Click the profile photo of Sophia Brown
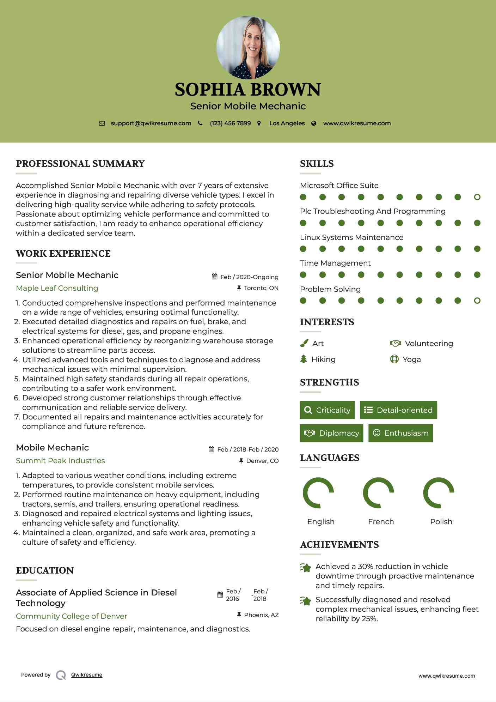click(x=248, y=47)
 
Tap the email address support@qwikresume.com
click(x=151, y=123)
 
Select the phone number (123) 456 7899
click(x=230, y=123)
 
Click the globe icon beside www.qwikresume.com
click(x=314, y=123)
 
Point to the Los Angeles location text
click(x=287, y=123)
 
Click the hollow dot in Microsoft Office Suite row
click(x=477, y=197)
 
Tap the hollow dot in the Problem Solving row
click(x=477, y=301)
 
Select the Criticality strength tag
click(x=327, y=410)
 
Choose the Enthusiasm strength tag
click(x=400, y=433)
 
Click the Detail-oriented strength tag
click(x=398, y=410)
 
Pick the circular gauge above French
click(x=378, y=493)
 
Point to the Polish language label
click(x=441, y=521)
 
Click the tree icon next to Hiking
click(x=304, y=359)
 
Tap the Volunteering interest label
click(x=429, y=343)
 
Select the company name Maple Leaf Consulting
click(x=57, y=288)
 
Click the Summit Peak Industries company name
click(x=60, y=460)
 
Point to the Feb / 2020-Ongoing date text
click(x=249, y=277)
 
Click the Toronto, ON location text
click(x=261, y=288)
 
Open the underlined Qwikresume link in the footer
click(x=87, y=674)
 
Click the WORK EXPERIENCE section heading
click(x=63, y=253)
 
